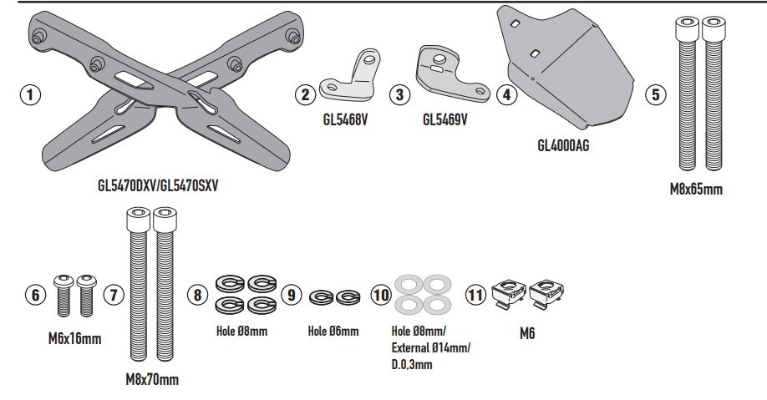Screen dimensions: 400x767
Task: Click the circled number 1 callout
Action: [x=30, y=94]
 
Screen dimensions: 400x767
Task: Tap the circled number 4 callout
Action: [x=506, y=94]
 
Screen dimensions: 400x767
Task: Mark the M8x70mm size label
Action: [x=151, y=380]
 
